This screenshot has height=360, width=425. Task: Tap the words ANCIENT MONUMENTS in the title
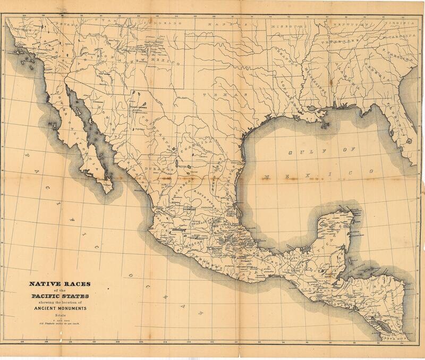click(x=58, y=308)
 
